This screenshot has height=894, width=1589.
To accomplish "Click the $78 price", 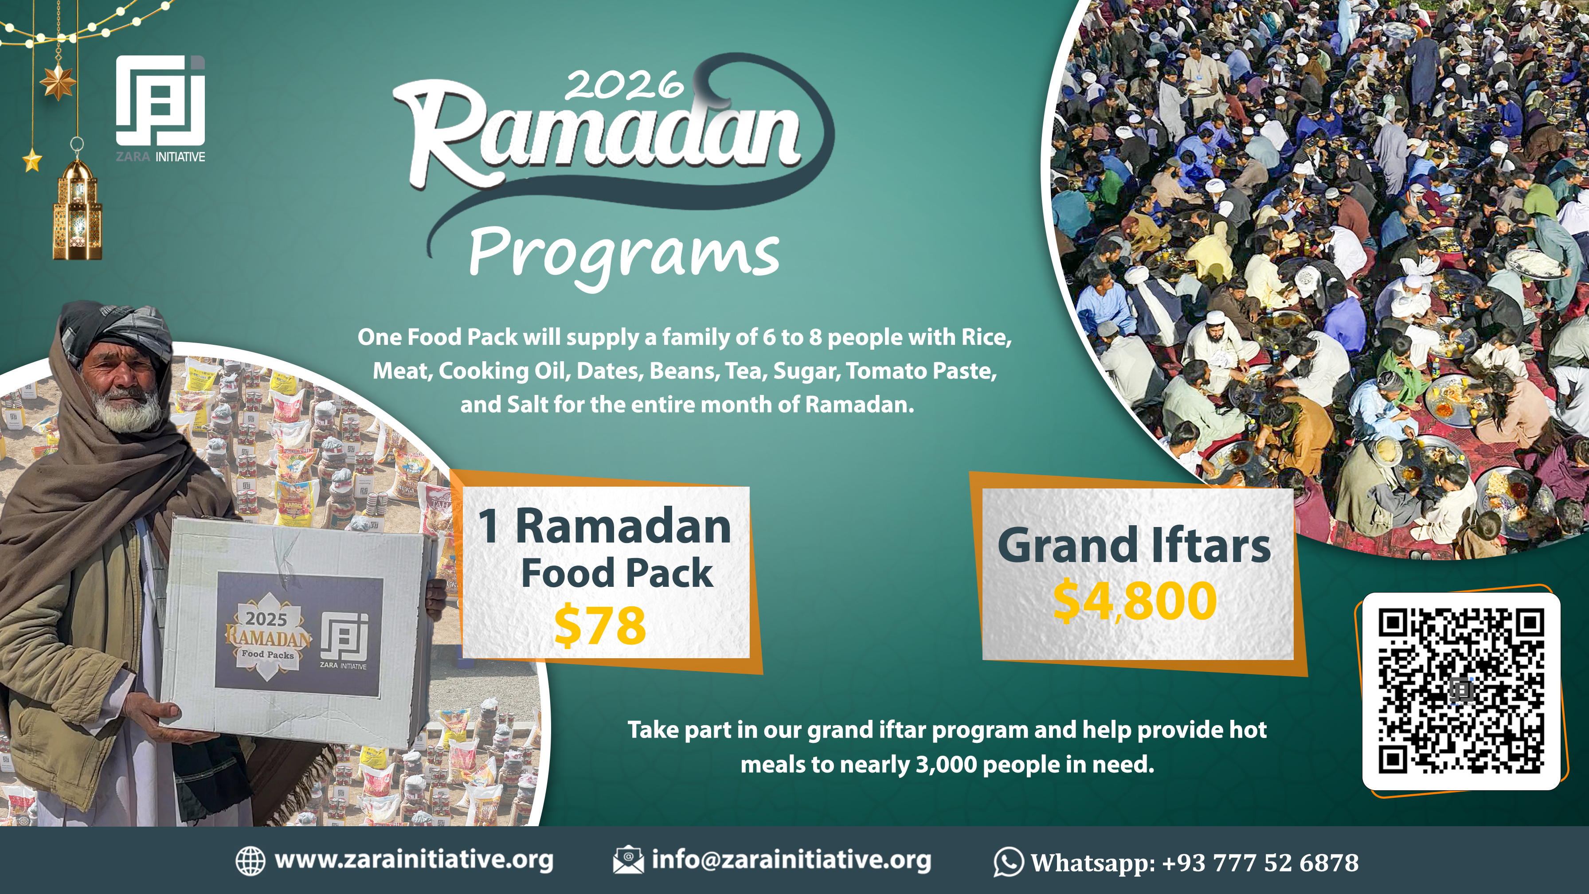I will pyautogui.click(x=599, y=626).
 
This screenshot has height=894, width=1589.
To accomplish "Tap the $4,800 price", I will pyautogui.click(x=1135, y=601).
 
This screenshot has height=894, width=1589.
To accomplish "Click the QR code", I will pyautogui.click(x=1461, y=691).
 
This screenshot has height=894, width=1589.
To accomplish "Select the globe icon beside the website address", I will pyautogui.click(x=250, y=861).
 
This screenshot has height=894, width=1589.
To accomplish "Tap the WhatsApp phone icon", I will pyautogui.click(x=1008, y=862).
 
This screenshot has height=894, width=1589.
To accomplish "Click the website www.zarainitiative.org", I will pyautogui.click(x=413, y=859).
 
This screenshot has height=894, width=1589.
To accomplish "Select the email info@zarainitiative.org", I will pyautogui.click(x=791, y=859).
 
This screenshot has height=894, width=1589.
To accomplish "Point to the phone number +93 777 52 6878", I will pyautogui.click(x=1260, y=862).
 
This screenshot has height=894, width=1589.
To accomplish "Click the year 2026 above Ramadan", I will pyautogui.click(x=623, y=85).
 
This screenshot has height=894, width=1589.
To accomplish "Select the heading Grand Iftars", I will pyautogui.click(x=1134, y=546).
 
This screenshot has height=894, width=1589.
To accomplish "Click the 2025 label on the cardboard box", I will pyautogui.click(x=266, y=618).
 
